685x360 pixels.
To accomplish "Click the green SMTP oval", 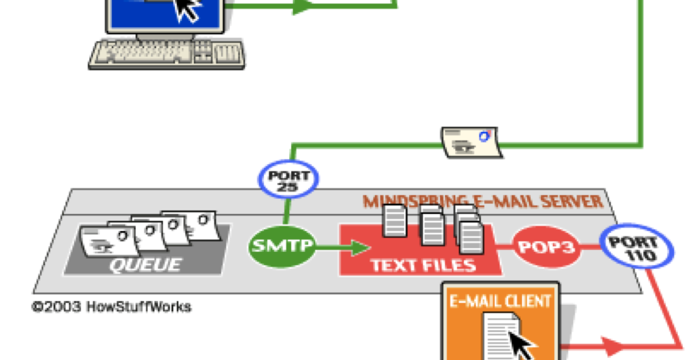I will coord(282,246).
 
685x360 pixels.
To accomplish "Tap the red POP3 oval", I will coord(546,247).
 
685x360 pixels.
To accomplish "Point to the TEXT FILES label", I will coord(424,265).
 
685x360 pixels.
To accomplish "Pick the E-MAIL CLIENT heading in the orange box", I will coord(500,301).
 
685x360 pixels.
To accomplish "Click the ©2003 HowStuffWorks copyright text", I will coord(111,307).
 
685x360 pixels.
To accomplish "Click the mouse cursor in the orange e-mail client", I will coord(521,344).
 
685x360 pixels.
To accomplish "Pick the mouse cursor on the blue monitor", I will coord(187,9).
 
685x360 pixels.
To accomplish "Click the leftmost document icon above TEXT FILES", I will coord(395,220).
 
